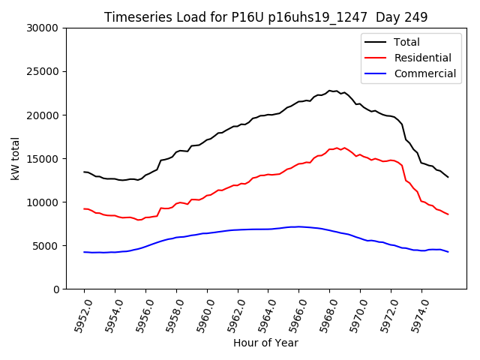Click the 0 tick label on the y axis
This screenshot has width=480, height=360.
(x=56, y=289)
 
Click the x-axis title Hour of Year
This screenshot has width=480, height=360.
(x=265, y=343)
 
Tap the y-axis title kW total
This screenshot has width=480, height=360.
(x=16, y=159)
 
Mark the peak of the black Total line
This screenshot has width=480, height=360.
(x=329, y=91)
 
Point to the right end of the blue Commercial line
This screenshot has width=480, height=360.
(x=448, y=252)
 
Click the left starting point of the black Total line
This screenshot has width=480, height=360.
(x=84, y=172)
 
